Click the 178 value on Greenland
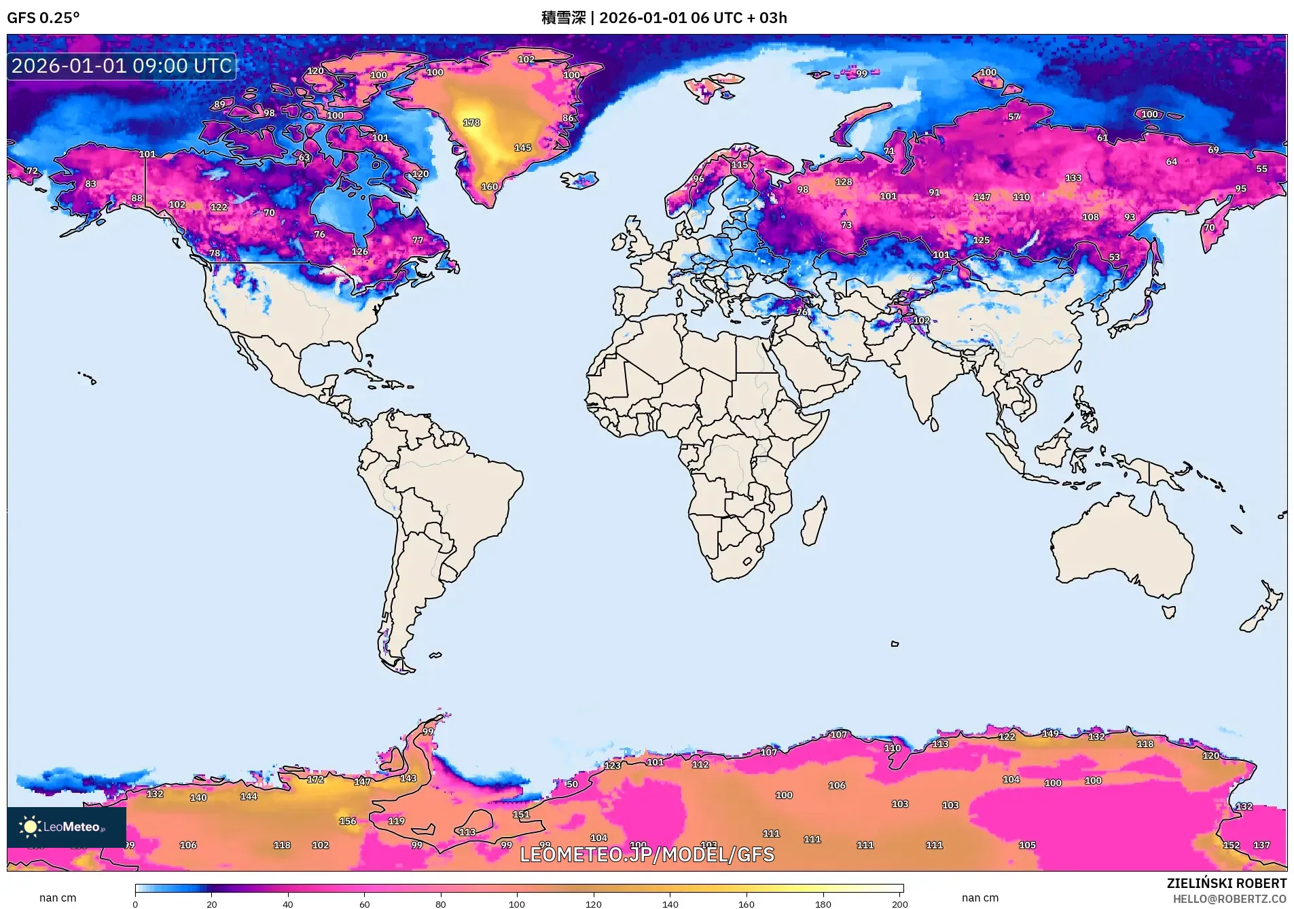coord(471,123)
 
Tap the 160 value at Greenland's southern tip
coord(489,187)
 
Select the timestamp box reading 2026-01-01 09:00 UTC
coord(122,66)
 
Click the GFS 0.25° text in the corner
coord(43,18)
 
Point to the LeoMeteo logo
coord(66,827)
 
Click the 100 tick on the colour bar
coord(517,904)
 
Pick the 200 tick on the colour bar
coord(899,904)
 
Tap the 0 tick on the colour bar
coord(135,904)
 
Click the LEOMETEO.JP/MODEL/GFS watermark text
coord(647,855)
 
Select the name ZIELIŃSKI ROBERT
coord(1226,883)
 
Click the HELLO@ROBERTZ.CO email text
coord(1229,899)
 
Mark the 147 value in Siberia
coord(982,197)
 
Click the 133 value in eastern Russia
coord(1073,178)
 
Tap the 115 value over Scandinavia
coord(740,165)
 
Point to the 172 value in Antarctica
coord(315,779)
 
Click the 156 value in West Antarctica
coord(348,821)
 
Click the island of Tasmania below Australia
coord(1168,612)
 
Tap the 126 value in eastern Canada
coord(359,251)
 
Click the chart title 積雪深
coord(563,18)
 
